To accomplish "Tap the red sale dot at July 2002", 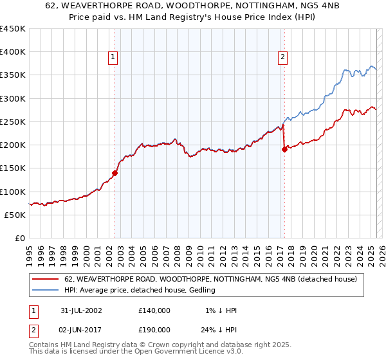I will coord(115,173).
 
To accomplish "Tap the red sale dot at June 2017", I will coord(284,150).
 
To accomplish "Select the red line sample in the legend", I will coord(46,280).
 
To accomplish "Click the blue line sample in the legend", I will coord(46,291).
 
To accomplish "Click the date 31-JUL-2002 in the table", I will coord(82,310).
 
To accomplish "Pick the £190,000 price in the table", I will coord(154,329).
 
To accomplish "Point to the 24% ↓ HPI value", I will coord(219,329).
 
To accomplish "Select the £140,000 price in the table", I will coord(154,310).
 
